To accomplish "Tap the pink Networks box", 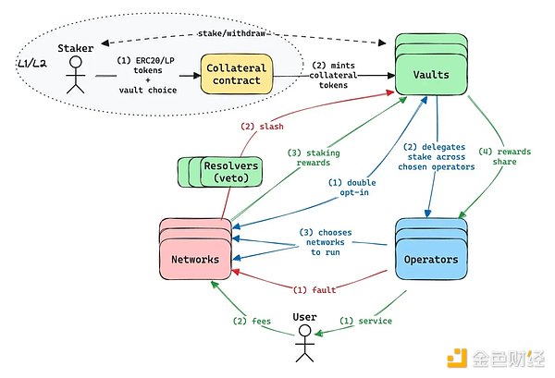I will tap(195, 259).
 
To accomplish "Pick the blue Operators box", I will tap(432, 259).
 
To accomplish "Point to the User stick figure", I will tap(304, 342).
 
